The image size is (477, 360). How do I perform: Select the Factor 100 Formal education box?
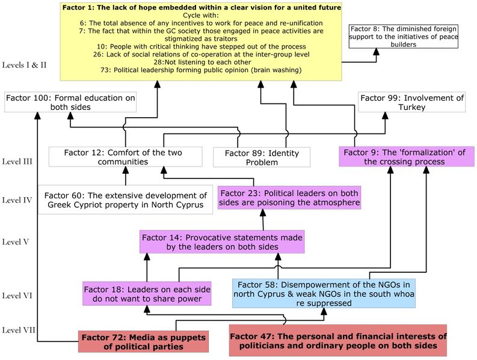tap(70, 102)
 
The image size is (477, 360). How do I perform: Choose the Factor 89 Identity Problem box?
tap(262, 157)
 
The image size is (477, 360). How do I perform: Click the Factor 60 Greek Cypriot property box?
tap(125, 200)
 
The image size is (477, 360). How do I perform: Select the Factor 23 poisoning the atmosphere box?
tap(290, 198)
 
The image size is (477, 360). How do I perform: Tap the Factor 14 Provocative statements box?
tap(222, 242)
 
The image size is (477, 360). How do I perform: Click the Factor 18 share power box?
tap(147, 294)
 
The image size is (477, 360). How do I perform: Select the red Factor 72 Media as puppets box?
tap(143, 342)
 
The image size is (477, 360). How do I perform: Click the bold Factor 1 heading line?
tap(202, 8)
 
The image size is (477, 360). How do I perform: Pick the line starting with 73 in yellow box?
tap(202, 70)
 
